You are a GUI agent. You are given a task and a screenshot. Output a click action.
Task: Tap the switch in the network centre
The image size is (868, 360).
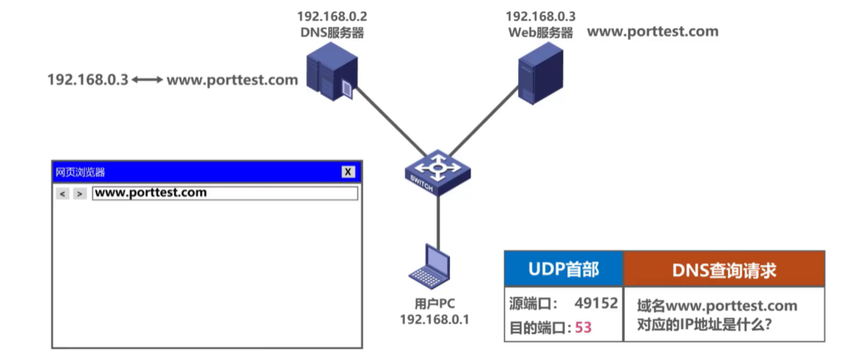(x=436, y=172)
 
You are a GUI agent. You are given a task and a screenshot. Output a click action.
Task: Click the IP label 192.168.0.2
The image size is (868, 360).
(x=332, y=17)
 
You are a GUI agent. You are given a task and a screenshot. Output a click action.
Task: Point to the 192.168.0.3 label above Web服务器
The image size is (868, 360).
(x=541, y=17)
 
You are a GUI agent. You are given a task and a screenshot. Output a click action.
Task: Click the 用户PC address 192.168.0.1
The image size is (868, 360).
(x=434, y=319)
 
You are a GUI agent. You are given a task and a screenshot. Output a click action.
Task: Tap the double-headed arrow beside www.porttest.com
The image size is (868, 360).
(x=147, y=81)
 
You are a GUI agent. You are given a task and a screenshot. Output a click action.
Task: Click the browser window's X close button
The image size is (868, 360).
(x=348, y=172)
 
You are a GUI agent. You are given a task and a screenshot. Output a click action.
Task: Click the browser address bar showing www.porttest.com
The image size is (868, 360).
(x=224, y=193)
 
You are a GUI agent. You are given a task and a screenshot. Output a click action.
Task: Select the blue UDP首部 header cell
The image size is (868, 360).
(x=563, y=270)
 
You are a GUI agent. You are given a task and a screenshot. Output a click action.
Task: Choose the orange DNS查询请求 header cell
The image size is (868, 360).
(x=724, y=270)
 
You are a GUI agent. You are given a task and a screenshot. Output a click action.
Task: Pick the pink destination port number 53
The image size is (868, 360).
(x=583, y=327)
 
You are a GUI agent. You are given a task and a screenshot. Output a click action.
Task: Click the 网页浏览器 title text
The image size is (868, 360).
(x=80, y=172)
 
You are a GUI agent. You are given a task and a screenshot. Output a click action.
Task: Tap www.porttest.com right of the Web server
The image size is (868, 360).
(x=652, y=32)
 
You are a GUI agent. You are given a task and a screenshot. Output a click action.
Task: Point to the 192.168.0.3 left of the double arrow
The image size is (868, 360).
(x=87, y=81)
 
